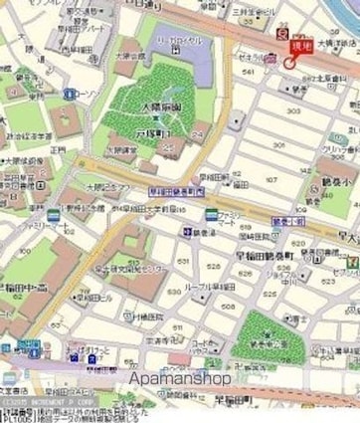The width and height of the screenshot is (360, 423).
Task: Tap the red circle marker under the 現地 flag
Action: (289, 63)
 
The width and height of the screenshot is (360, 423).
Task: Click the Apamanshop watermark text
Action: (179, 378)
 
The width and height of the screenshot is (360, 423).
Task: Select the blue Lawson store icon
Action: (70, 94)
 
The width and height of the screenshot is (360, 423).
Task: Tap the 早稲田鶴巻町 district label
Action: (250, 254)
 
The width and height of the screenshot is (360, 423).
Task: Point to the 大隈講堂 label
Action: (125, 148)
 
